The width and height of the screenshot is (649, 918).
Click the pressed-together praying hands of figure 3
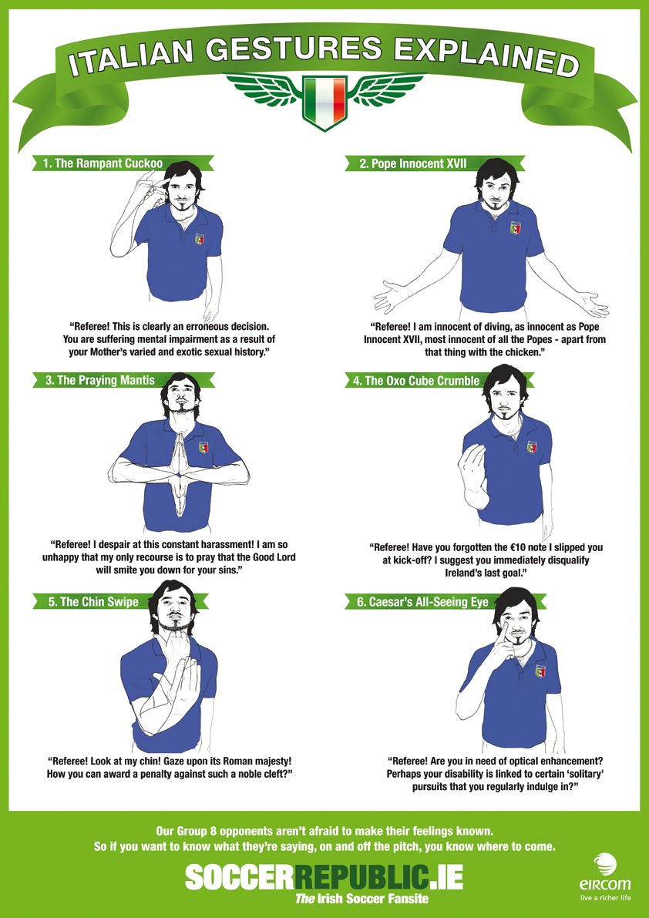click(x=179, y=455)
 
